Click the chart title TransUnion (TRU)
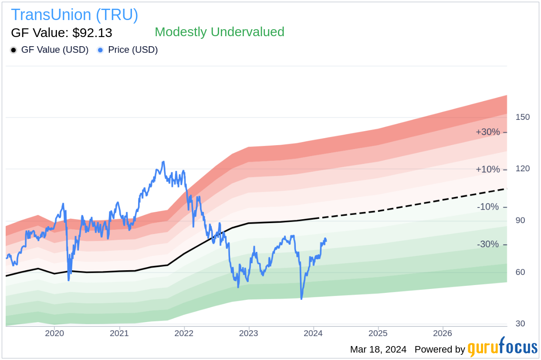coord(74,15)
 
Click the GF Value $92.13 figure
coord(61,33)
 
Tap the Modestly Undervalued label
coord(219,32)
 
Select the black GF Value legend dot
coord(14,50)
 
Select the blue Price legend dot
coord(100,50)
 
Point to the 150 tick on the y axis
coord(522,117)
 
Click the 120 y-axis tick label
coord(522,169)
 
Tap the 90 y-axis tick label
coord(520,221)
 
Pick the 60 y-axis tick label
coord(520,272)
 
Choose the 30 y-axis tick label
coord(520,324)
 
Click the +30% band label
coord(488,132)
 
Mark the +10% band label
coord(488,170)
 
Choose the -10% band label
coord(488,207)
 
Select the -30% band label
coord(488,245)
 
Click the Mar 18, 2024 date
coord(378,350)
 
